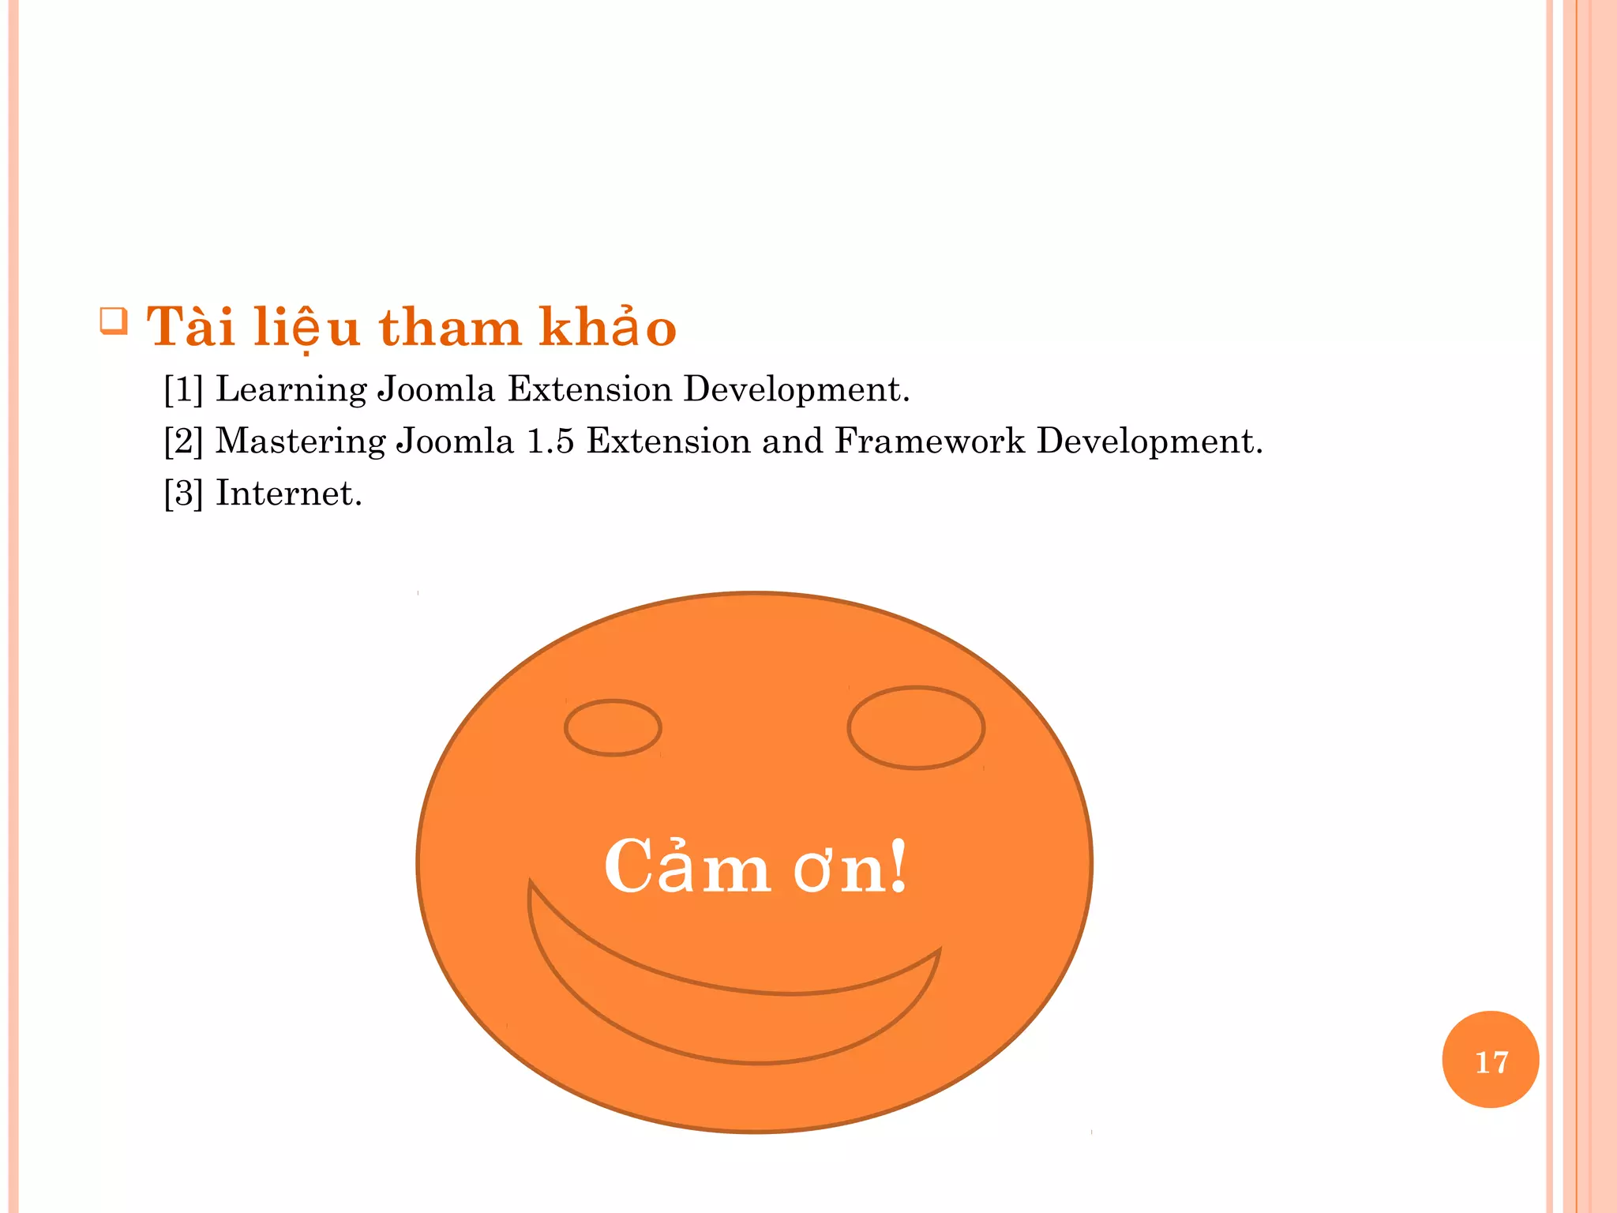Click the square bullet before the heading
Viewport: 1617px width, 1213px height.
[114, 321]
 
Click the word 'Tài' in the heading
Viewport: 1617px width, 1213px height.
[190, 327]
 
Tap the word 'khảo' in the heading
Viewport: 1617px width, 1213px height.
[607, 327]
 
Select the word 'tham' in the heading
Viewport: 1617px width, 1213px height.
[450, 327]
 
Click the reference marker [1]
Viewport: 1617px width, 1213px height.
[183, 389]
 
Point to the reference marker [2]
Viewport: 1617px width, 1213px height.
[183, 441]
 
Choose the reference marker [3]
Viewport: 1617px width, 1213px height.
[183, 494]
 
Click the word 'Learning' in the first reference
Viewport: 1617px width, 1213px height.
[291, 390]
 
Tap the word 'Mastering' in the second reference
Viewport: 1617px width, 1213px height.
[300, 442]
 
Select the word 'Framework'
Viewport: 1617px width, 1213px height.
[929, 441]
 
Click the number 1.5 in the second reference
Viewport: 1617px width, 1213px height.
[550, 441]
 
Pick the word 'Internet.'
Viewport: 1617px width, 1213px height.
[289, 494]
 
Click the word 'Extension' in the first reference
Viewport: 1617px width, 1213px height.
[589, 389]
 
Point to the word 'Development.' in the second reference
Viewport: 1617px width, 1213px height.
[1150, 442]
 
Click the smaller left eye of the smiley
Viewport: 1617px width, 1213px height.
[613, 727]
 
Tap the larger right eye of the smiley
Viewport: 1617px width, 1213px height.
[916, 727]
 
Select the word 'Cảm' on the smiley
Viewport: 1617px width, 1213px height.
[687, 867]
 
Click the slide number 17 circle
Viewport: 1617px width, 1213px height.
[1490, 1060]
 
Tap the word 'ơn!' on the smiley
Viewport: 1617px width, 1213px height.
[850, 867]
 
